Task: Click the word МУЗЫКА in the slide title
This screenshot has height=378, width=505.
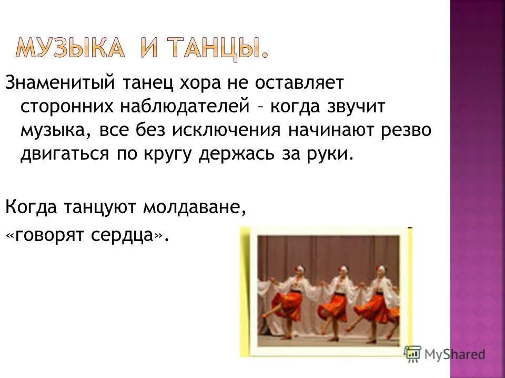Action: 70,48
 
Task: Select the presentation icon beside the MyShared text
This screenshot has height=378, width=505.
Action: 413,354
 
